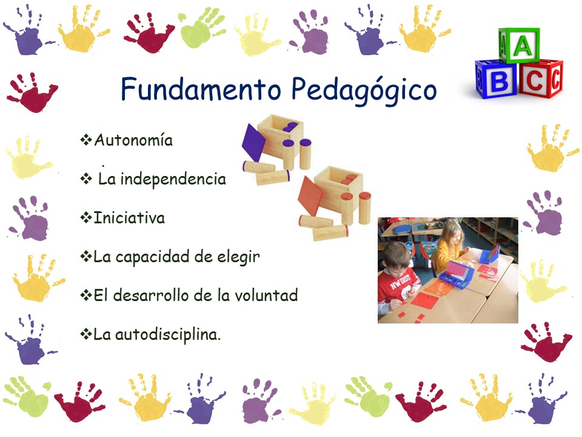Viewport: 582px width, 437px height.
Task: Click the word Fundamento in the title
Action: pos(201,89)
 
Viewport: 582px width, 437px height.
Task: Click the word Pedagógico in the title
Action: pos(364,90)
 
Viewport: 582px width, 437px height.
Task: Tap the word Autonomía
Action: pos(133,140)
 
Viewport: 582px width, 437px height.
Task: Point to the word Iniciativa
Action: pos(129,218)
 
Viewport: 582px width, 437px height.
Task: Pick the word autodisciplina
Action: pos(168,334)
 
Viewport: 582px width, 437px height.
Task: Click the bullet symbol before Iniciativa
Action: pos(86,218)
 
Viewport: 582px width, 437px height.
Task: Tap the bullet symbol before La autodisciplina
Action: pos(86,334)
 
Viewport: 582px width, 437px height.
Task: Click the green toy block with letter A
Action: pos(520,45)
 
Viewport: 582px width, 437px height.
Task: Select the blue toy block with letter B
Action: pos(496,79)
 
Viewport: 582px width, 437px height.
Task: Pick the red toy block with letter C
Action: pos(540,78)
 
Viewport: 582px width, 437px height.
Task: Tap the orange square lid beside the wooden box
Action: pos(310,196)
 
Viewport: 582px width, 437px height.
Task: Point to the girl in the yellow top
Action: pos(449,246)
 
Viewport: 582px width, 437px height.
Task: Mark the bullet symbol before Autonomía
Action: pos(86,140)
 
